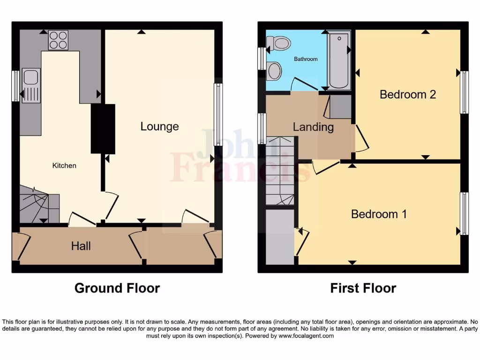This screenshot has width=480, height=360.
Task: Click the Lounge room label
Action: [159, 126]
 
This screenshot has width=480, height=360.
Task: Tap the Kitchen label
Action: [64, 165]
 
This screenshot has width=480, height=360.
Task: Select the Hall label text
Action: [81, 246]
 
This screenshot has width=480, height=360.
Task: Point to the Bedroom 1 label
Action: [379, 214]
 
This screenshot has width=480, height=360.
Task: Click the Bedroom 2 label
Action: [407, 94]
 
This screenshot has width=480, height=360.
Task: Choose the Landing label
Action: [313, 127]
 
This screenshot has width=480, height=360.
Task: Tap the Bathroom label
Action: [306, 59]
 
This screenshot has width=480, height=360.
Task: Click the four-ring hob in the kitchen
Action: [58, 40]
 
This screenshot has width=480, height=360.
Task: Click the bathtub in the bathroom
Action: [338, 61]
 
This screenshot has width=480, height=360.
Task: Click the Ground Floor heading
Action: [117, 288]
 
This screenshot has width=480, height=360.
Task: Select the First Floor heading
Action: [363, 288]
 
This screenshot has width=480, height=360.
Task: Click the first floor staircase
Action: [280, 171]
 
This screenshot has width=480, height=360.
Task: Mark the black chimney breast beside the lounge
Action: [103, 128]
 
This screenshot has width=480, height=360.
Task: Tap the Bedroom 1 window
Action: [464, 213]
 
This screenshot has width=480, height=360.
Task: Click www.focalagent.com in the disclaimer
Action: [306, 336]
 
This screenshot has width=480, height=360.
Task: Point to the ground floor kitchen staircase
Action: [38, 203]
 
